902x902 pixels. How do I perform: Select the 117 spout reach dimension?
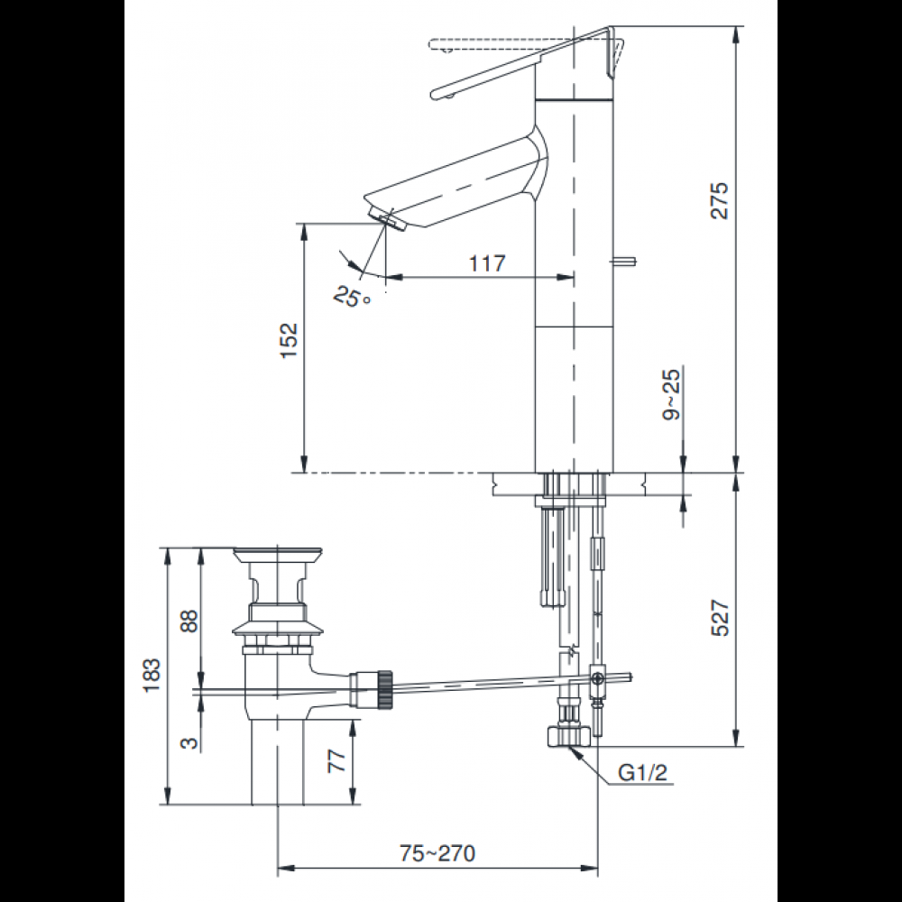tap(487, 262)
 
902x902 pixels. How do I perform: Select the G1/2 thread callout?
tap(642, 772)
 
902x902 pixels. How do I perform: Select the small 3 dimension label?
tap(189, 742)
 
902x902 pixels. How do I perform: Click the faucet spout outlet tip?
tap(385, 218)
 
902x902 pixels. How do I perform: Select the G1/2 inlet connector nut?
tap(569, 735)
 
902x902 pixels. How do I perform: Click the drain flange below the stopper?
tap(274, 626)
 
